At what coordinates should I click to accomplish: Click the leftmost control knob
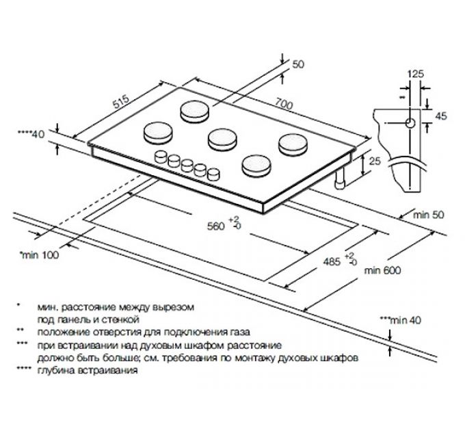[163, 155]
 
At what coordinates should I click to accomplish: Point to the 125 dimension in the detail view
[414, 73]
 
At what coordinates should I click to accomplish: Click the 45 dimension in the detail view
[440, 116]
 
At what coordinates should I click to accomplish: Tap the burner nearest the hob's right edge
[291, 142]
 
